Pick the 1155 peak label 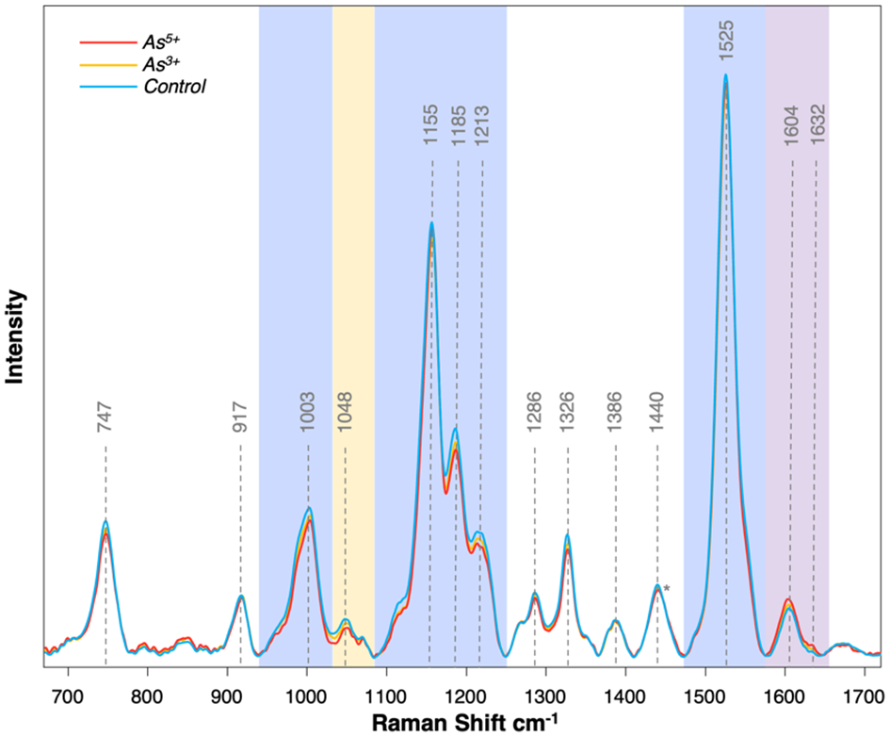431,132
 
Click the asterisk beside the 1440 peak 667,589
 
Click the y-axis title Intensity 16,336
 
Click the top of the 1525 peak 725,75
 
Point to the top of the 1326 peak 567,535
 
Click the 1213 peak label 483,132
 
